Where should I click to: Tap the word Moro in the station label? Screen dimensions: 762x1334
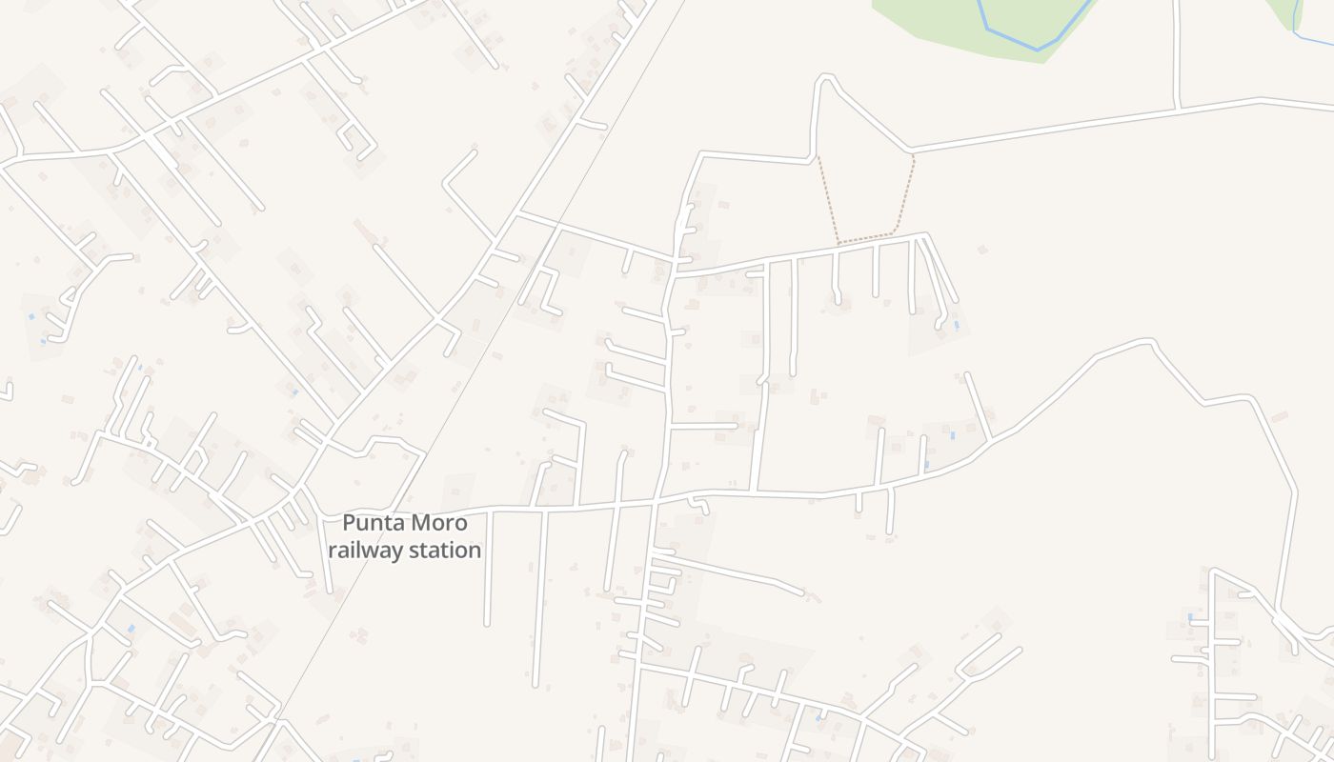coord(439,523)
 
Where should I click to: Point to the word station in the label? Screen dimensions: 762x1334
coord(445,551)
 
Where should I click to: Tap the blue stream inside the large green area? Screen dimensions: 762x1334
coord(1010,38)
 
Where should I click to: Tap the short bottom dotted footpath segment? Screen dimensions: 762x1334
coord(865,238)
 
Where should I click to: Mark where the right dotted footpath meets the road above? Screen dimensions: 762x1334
coord(913,152)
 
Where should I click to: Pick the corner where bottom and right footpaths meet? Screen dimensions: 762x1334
coord(894,233)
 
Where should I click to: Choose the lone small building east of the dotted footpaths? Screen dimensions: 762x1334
coord(981,250)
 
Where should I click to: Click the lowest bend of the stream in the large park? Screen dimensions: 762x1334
coord(1037,48)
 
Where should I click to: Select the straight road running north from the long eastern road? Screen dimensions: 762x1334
coord(1177,52)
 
